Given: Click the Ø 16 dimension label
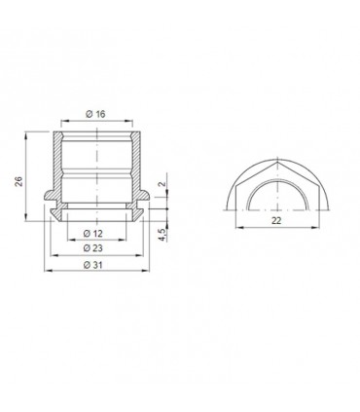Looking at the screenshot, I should pos(95,114).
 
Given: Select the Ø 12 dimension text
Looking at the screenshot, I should pos(95,234).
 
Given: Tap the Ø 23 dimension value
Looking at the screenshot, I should pos(95,249).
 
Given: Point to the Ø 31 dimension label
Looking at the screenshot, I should pos(95,266).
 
